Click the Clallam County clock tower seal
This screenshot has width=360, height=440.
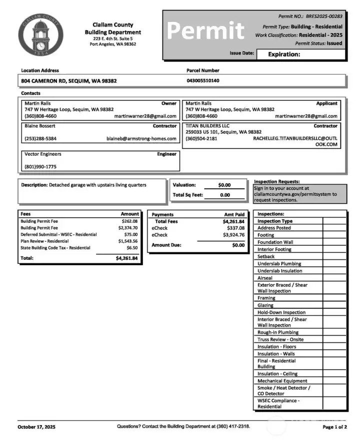tap(40, 34)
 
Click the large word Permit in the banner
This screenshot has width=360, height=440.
tap(205, 31)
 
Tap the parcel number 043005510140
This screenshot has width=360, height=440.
tap(202, 80)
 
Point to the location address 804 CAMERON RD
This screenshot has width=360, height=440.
tap(69, 80)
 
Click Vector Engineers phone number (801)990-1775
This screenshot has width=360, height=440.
tap(40, 167)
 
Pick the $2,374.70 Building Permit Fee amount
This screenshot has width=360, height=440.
tap(128, 228)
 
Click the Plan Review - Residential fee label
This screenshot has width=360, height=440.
tap(44, 241)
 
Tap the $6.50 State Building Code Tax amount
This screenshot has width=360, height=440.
tap(132, 247)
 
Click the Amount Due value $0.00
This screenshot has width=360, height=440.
tap(238, 245)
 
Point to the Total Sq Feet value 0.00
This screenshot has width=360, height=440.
tap(225, 195)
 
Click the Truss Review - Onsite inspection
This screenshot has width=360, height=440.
tap(280, 339)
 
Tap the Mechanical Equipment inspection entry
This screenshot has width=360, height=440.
tap(282, 381)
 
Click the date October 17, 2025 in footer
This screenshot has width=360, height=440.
tap(36, 427)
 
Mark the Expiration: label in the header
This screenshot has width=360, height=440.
tap(284, 54)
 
